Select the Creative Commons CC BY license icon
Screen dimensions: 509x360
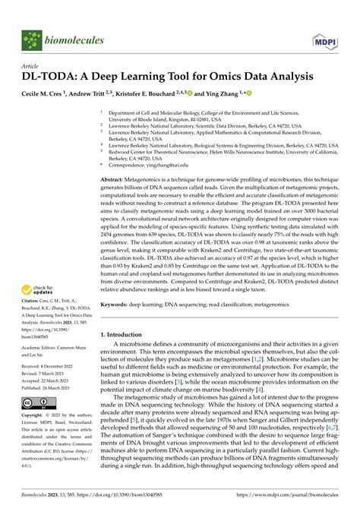pos(39,402)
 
